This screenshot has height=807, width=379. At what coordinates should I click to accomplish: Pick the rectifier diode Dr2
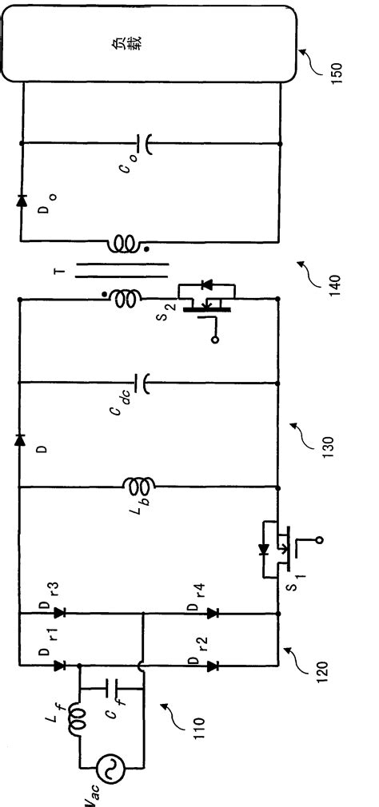[x=212, y=665]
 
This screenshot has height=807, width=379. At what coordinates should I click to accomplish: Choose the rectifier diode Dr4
[x=212, y=613]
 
